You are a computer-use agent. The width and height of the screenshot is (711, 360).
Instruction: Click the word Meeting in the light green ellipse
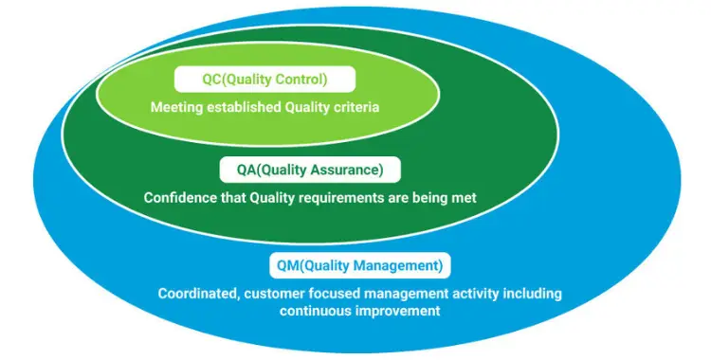click(177, 107)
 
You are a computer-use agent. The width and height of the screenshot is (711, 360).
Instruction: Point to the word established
click(244, 107)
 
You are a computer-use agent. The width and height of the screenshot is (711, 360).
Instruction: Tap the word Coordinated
click(200, 294)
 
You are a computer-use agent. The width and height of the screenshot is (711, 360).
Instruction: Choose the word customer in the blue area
click(276, 294)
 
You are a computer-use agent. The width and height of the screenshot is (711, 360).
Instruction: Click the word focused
click(335, 294)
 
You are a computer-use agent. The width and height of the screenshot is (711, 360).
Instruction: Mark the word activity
click(474, 294)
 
